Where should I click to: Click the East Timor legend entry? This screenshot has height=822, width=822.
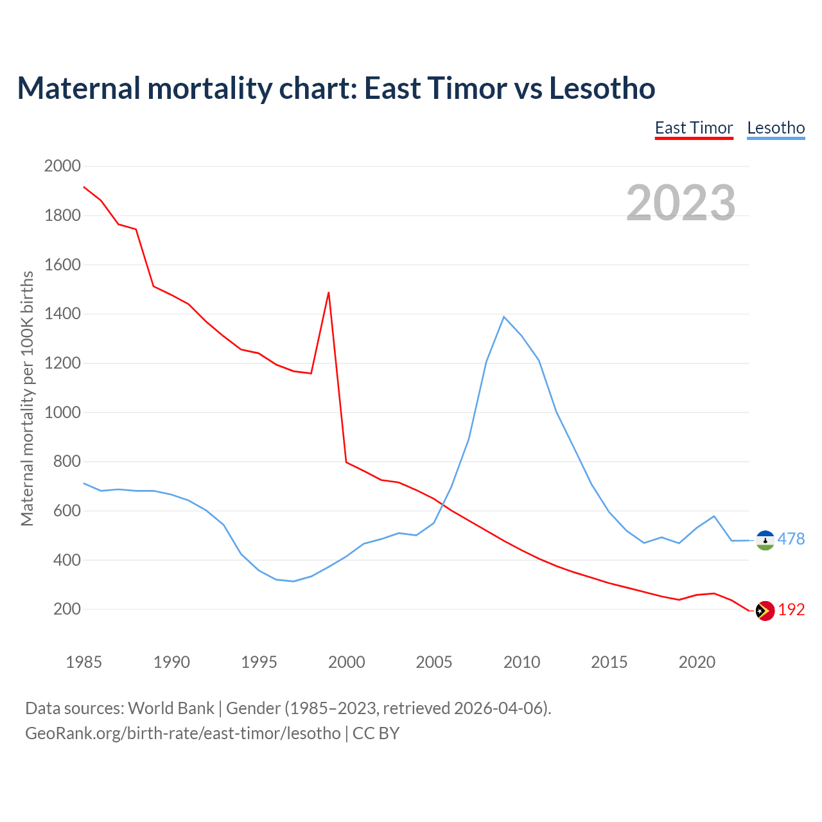(x=694, y=128)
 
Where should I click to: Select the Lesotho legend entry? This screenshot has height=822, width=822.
(x=776, y=128)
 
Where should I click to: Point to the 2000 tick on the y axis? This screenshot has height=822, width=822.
(x=62, y=166)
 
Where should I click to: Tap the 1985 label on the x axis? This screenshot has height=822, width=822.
(x=83, y=661)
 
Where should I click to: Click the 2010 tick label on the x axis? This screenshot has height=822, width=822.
(x=521, y=661)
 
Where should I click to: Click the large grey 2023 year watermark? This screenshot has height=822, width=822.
(x=681, y=202)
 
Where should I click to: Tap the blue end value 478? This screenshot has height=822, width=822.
(x=791, y=539)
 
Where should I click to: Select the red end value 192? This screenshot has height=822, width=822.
(x=791, y=609)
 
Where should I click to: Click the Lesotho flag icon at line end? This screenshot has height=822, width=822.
(x=765, y=540)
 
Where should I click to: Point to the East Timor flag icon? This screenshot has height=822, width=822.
(x=765, y=611)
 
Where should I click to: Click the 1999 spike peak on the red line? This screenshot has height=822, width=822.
(x=329, y=293)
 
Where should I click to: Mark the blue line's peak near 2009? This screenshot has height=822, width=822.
(x=504, y=317)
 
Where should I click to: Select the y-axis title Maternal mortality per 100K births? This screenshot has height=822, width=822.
(x=27, y=398)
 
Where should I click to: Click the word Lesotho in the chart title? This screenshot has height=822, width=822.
(x=602, y=88)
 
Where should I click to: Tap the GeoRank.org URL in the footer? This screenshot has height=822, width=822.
(x=183, y=733)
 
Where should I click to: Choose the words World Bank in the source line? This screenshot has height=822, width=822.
(x=171, y=708)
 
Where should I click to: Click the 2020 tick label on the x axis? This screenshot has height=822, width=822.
(x=697, y=661)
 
